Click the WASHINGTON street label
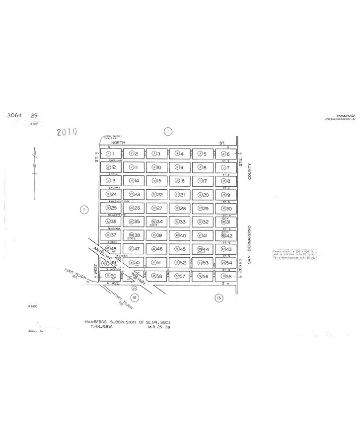point(119,201)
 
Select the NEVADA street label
point(115,228)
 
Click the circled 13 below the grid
point(218,298)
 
